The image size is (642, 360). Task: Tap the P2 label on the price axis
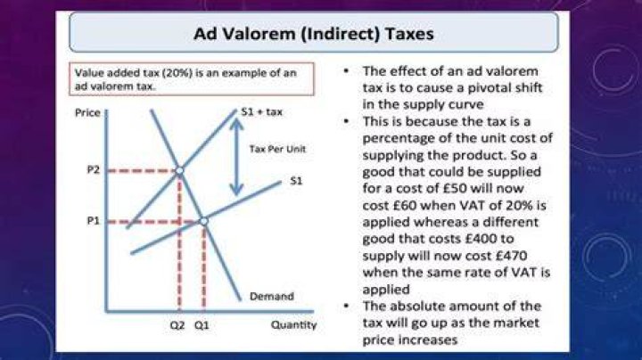click(94, 169)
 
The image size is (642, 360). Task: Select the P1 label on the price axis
click(94, 221)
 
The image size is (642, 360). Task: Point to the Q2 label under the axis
click(177, 325)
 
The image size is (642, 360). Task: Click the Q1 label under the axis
click(202, 325)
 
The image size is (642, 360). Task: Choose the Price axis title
click(87, 112)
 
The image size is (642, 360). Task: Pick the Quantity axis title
click(293, 325)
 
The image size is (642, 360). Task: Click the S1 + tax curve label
click(262, 111)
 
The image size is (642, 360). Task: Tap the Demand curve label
click(272, 296)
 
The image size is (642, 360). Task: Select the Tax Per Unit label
click(277, 149)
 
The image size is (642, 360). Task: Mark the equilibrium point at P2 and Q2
click(179, 170)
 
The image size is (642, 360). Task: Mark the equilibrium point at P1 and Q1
click(203, 221)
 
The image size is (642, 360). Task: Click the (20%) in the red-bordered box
click(177, 73)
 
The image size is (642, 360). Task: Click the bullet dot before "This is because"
click(346, 121)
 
